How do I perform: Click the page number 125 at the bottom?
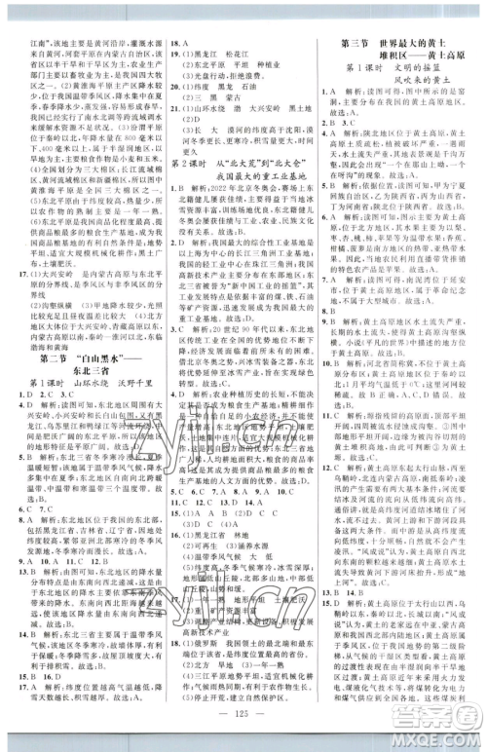[243, 728]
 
